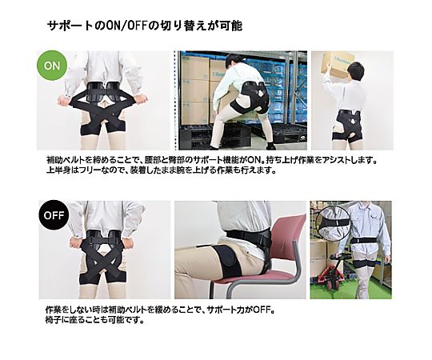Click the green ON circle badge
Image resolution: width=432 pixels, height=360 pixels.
click(52, 66)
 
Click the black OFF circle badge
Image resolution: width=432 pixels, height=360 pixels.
click(54, 215)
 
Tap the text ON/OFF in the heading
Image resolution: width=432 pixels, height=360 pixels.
click(127, 26)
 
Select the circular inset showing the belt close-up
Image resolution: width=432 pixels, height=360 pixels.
click(333, 223)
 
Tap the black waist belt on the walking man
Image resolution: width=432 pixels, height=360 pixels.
click(364, 241)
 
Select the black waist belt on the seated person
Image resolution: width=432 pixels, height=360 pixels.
click(248, 235)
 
